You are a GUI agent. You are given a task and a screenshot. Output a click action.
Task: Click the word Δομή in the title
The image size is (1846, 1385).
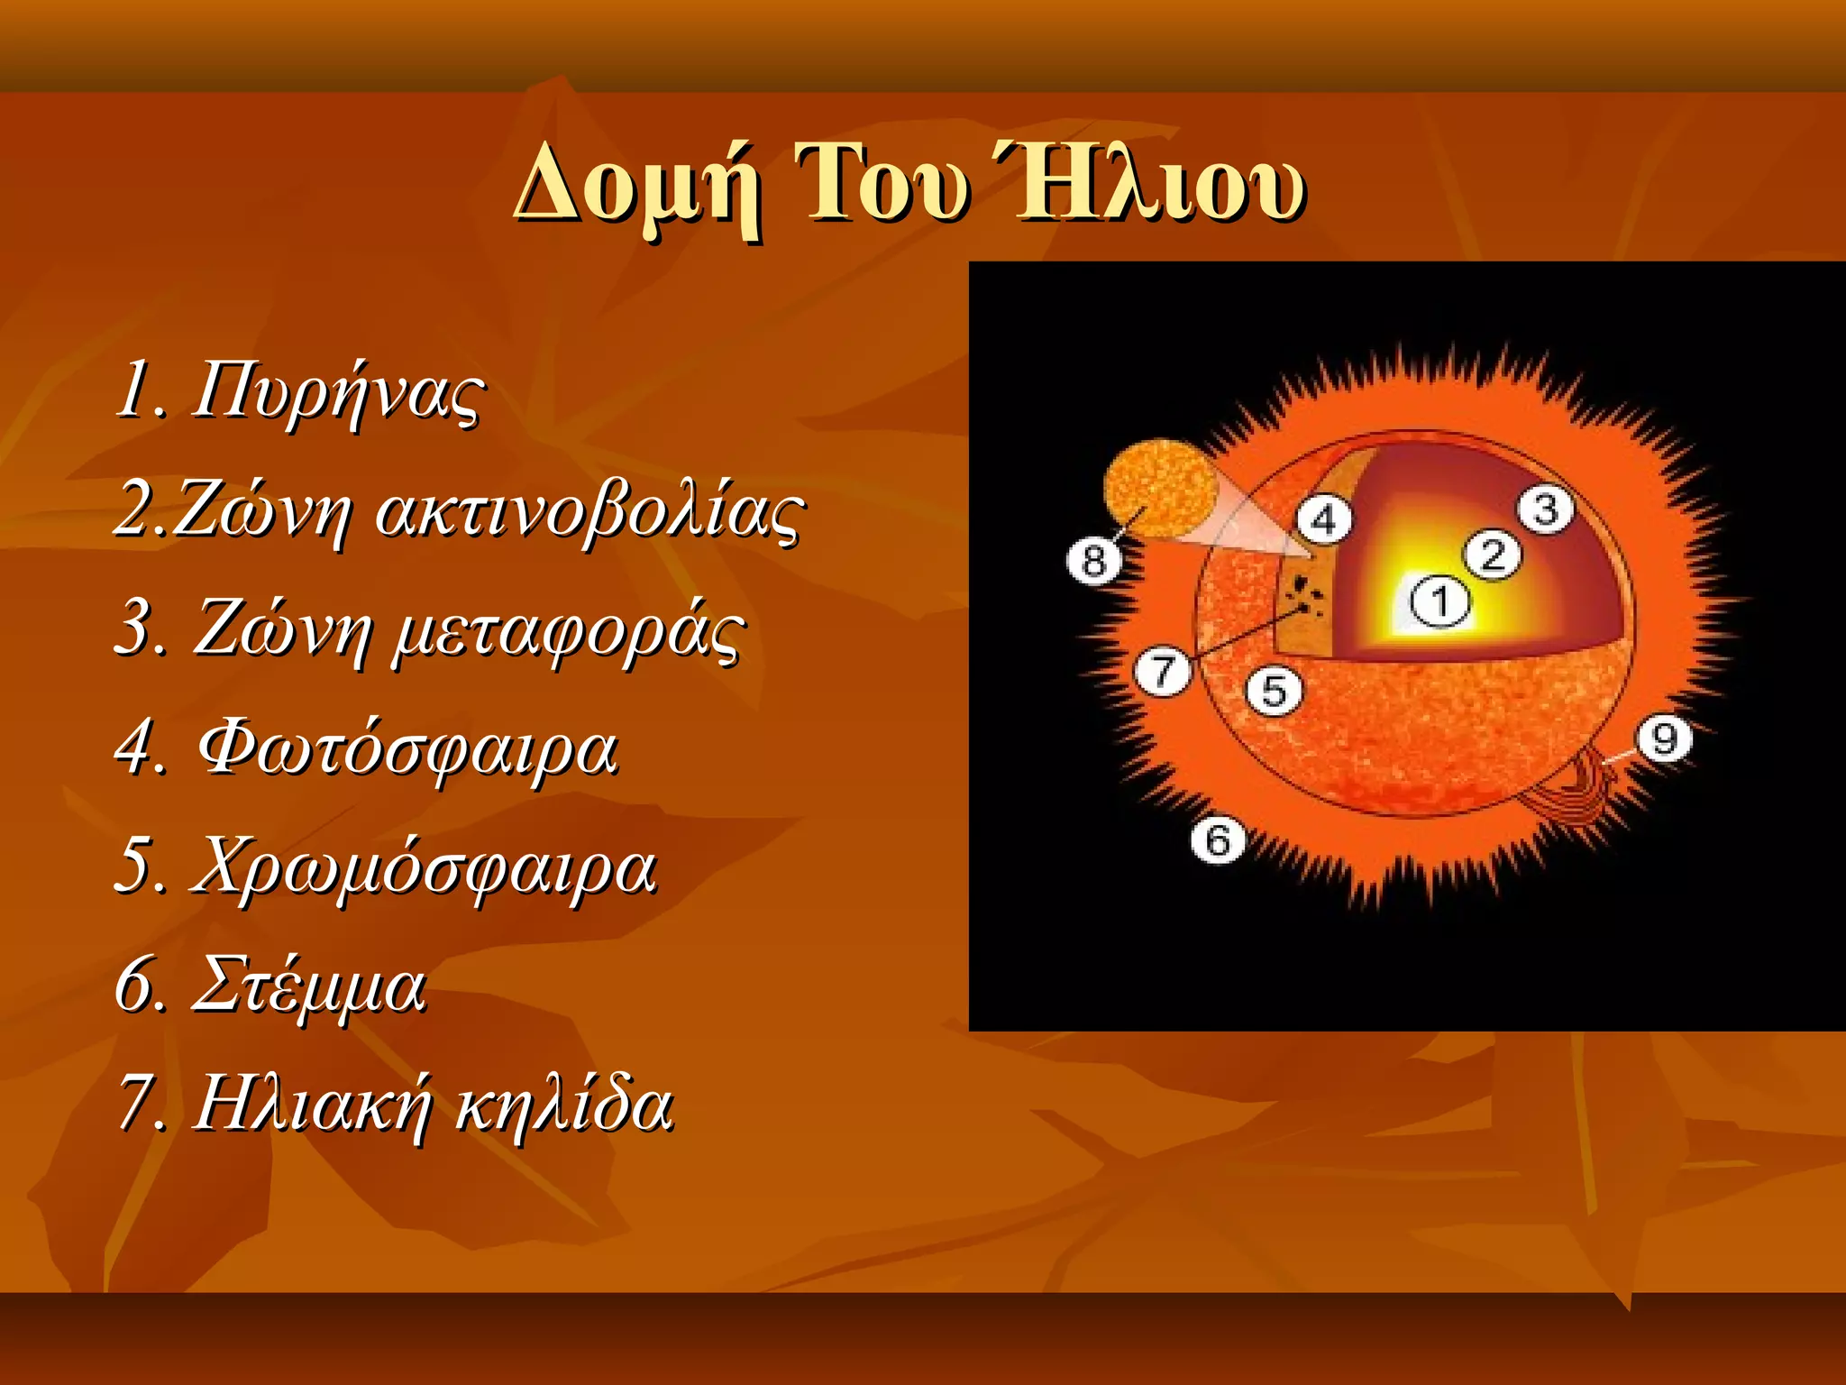(x=636, y=185)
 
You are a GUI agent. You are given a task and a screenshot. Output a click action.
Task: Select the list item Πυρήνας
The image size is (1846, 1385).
(x=337, y=391)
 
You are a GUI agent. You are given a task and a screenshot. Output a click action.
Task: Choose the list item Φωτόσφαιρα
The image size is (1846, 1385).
(x=407, y=749)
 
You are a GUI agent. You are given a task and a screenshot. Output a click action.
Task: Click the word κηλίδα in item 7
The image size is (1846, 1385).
(x=564, y=1105)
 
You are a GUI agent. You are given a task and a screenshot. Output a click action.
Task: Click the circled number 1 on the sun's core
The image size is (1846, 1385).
(x=1439, y=602)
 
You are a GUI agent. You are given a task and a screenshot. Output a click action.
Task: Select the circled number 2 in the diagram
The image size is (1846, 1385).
(x=1493, y=555)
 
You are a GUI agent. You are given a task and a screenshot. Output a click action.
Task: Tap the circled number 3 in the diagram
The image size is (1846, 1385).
(x=1546, y=510)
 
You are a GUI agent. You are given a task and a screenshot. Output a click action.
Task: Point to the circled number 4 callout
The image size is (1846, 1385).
(x=1324, y=520)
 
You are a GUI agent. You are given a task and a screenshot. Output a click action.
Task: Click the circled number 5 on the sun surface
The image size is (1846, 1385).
(x=1274, y=692)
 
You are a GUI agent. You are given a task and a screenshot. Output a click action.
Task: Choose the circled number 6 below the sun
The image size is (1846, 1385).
(x=1218, y=840)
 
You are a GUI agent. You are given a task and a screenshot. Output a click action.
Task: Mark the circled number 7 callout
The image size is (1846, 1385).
(x=1163, y=672)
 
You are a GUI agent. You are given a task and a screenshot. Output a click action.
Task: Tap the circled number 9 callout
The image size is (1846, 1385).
(x=1664, y=739)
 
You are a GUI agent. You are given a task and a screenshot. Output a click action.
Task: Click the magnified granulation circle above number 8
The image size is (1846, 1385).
(x=1160, y=489)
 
